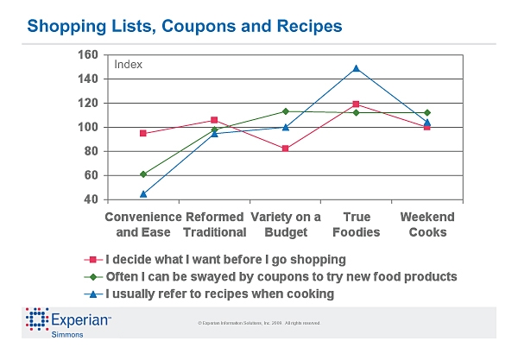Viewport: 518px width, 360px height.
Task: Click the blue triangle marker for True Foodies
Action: (x=356, y=68)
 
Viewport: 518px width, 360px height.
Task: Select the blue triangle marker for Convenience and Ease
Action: (x=143, y=193)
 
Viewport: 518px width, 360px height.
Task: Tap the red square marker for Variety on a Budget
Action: (x=285, y=148)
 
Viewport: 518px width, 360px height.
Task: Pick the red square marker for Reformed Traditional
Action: (x=214, y=120)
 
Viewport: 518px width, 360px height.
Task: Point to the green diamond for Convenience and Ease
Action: (x=143, y=174)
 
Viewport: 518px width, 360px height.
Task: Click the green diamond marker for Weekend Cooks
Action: (x=427, y=113)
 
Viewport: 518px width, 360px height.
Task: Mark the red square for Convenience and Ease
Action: (x=143, y=133)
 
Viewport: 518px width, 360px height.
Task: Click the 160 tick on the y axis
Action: (x=88, y=54)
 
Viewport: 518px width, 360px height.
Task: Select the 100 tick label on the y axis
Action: (x=88, y=127)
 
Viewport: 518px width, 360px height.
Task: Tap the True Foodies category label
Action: (x=357, y=224)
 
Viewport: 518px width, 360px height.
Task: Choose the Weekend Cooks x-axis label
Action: (x=427, y=224)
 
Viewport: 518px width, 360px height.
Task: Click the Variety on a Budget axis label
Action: (x=285, y=224)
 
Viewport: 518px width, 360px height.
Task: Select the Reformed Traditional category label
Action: (x=214, y=224)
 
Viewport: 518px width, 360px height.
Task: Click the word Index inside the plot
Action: (x=128, y=65)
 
